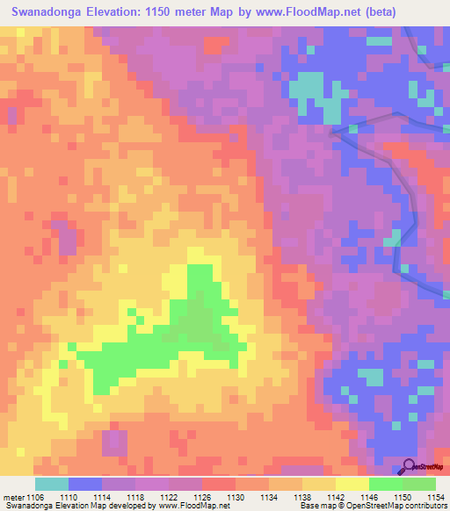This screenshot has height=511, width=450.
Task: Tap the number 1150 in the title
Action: (x=163, y=12)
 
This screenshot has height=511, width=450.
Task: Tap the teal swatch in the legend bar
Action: (x=52, y=484)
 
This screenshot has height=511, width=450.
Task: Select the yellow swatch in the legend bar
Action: (x=352, y=484)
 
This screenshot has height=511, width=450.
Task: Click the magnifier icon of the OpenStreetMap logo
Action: (x=410, y=467)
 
